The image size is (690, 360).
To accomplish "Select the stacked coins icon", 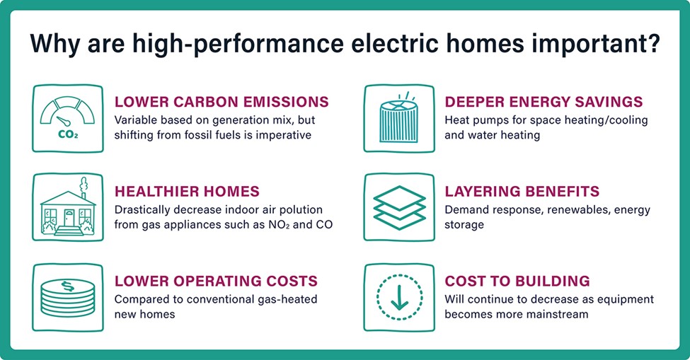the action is (x=68, y=298).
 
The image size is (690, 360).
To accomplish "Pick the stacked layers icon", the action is (x=399, y=207).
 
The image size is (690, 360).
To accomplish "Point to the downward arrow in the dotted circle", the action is (x=400, y=298).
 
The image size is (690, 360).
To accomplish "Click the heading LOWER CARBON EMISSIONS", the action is (x=222, y=102).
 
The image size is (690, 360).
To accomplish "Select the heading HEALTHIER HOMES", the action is (x=187, y=192).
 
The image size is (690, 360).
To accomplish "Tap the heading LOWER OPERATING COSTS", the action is (x=216, y=281).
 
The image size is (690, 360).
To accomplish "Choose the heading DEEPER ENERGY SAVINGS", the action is (x=544, y=102).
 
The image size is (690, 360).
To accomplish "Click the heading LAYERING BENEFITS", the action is (x=522, y=192).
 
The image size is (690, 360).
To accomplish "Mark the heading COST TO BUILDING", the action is (x=517, y=281).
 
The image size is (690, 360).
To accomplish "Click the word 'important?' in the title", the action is (x=597, y=45).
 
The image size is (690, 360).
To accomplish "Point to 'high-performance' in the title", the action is (x=238, y=45).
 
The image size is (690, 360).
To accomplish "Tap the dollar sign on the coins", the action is (x=68, y=286).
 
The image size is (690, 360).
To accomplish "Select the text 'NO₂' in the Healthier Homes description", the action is (x=279, y=225).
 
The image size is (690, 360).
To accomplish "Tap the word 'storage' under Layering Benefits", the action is (x=464, y=225).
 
